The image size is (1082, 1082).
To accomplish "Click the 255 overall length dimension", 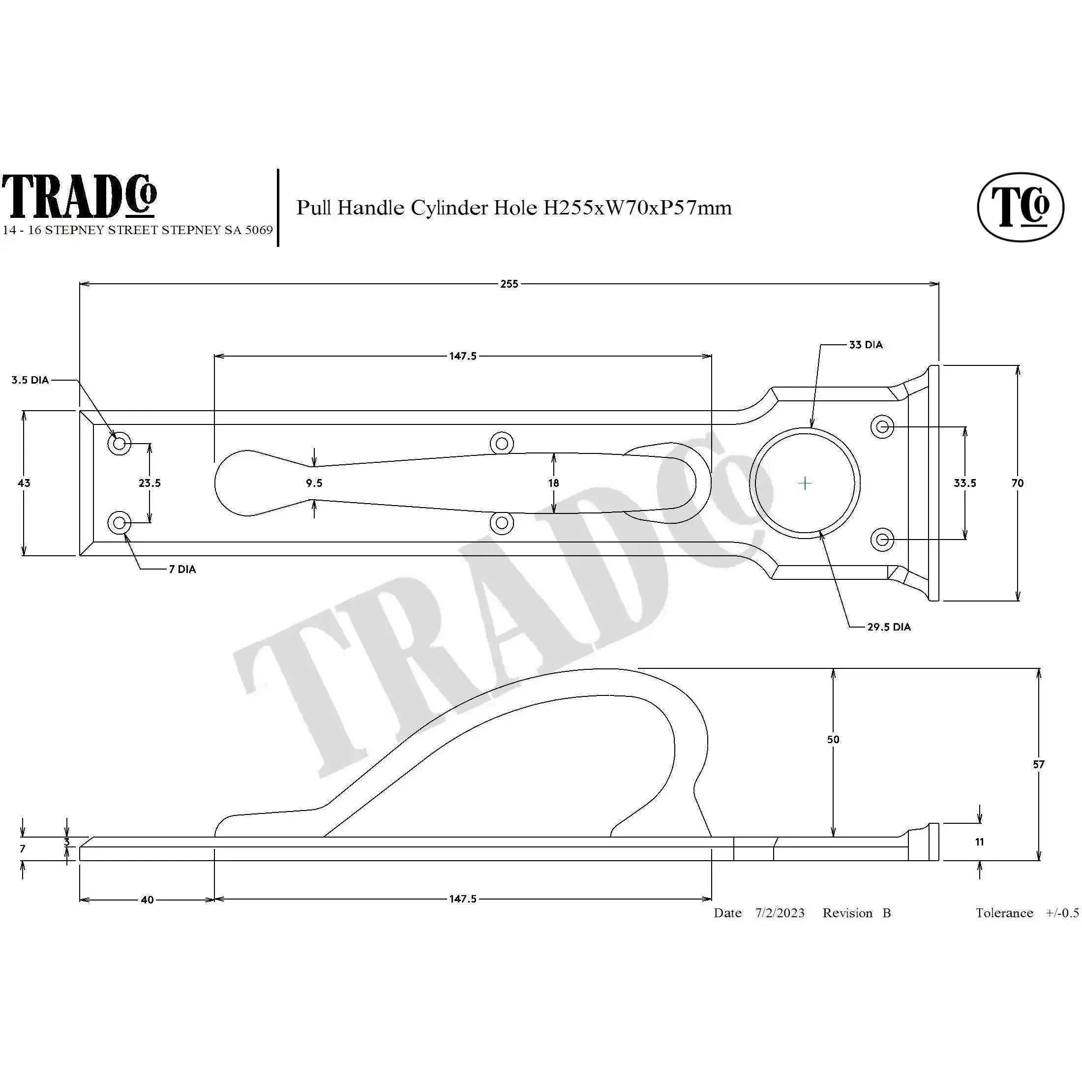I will point(509,284).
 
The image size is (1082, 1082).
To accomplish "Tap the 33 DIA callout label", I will point(865,345).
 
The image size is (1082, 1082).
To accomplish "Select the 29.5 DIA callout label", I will point(889,627).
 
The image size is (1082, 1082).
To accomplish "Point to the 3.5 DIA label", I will point(30,380).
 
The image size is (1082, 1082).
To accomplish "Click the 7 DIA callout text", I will point(182,570).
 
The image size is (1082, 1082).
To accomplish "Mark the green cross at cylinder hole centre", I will point(804,483).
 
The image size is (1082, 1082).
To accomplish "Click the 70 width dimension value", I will point(1018,483).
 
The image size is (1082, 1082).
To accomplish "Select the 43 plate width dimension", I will point(24,483).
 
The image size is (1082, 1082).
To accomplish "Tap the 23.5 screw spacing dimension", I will point(150,483).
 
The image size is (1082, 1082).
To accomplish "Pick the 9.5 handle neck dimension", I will point(314,483).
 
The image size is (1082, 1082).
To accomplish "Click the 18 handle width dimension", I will point(553,483).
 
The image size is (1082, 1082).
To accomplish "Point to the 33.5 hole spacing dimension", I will point(965,483).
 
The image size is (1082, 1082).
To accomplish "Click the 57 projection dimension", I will point(1038,764).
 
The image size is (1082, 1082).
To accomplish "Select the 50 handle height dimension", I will point(833,739).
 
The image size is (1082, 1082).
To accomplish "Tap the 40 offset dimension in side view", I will point(147,900).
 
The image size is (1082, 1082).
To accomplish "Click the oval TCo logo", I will point(1021,207).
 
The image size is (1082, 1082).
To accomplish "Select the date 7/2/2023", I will point(780,913).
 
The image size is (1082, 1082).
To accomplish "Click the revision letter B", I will point(887,913).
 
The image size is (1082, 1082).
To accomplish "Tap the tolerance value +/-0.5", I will point(1062,913).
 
